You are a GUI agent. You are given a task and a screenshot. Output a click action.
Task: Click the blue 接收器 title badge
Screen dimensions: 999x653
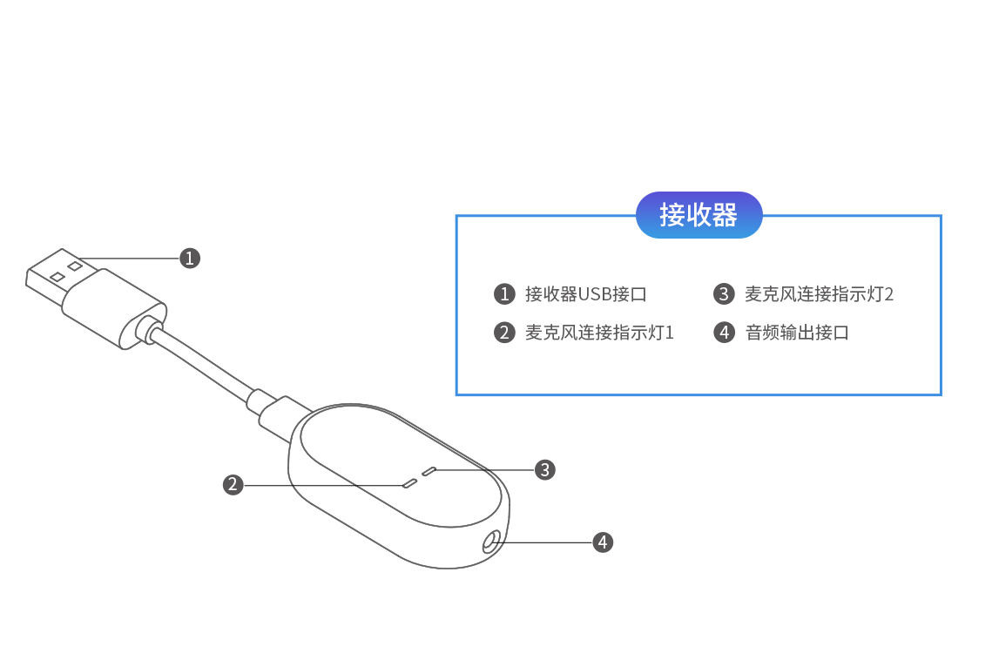point(699,214)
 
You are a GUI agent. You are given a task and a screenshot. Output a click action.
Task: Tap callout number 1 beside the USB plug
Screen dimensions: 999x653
point(190,258)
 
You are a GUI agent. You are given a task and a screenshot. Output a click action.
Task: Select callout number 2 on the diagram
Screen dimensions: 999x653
point(233,484)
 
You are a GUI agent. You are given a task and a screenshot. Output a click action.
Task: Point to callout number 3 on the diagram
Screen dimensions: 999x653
point(545,469)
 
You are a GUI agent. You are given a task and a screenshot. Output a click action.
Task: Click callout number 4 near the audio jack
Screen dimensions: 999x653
point(603,542)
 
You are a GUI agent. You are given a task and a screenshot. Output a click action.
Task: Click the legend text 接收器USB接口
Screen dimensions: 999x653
point(585,294)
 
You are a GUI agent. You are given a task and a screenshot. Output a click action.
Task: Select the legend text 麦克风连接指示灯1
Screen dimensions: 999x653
point(599,333)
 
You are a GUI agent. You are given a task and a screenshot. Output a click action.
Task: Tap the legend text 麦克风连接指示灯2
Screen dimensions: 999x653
point(819,294)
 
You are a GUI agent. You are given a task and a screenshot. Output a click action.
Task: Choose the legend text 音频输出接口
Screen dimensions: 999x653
point(797,333)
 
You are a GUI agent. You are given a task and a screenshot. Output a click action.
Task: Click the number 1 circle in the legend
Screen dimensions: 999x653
point(504,294)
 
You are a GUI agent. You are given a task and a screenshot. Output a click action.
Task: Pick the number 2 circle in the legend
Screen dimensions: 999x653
point(504,333)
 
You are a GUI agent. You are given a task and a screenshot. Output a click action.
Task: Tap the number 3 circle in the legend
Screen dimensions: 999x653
point(724,294)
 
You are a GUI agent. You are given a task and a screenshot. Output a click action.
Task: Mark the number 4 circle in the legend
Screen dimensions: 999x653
point(724,333)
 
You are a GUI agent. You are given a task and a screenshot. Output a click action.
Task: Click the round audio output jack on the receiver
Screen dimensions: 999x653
point(492,543)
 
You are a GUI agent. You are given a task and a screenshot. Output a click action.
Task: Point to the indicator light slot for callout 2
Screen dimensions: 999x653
point(408,481)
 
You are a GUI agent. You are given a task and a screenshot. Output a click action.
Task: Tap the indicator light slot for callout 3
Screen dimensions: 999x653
point(429,471)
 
